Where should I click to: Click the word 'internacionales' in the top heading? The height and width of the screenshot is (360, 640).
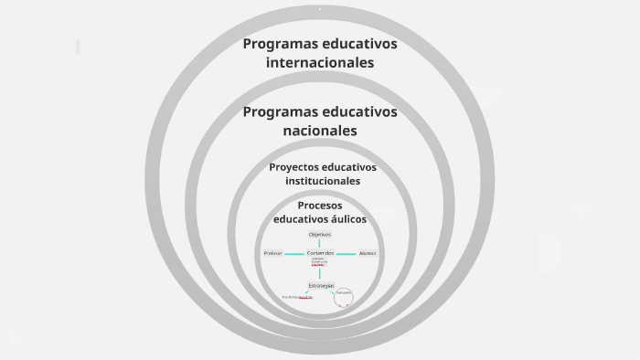click(x=320, y=63)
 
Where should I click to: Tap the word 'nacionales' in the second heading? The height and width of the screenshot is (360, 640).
click(x=320, y=131)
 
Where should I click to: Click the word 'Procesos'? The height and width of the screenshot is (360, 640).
click(x=320, y=205)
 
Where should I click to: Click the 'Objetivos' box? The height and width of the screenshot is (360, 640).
click(x=320, y=235)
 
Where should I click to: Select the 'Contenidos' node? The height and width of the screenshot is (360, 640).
click(x=320, y=253)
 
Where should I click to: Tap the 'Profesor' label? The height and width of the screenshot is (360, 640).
click(x=272, y=253)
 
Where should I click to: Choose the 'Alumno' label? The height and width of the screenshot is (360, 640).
click(x=368, y=253)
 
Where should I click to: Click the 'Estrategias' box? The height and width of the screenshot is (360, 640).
click(x=321, y=285)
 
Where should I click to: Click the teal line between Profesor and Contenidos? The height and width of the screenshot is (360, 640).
click(x=294, y=253)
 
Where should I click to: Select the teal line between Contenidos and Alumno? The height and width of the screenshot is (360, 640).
click(x=346, y=253)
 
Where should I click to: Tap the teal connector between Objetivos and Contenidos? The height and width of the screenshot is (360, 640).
click(x=320, y=244)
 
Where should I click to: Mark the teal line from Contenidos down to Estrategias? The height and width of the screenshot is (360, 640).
click(x=320, y=272)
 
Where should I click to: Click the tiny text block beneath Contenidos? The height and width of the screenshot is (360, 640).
click(x=318, y=261)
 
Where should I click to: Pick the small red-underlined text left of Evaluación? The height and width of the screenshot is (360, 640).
click(x=298, y=297)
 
